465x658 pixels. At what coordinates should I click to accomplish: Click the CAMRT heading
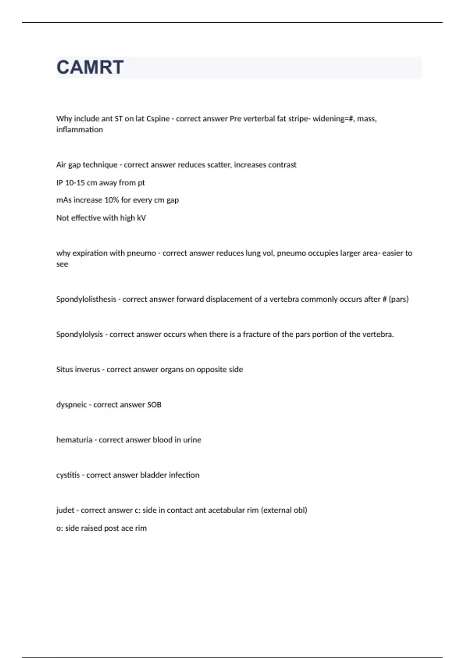tap(90, 67)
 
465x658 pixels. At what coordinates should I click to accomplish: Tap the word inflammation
tap(79, 130)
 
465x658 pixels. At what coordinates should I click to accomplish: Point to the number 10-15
tap(75, 183)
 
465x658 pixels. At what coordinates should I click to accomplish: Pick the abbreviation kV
tap(141, 218)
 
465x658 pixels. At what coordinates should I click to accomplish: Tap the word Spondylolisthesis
tap(86, 299)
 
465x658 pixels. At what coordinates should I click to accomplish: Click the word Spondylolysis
tap(79, 334)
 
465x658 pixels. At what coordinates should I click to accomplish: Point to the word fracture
tap(257, 334)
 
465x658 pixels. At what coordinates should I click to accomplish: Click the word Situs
tap(64, 370)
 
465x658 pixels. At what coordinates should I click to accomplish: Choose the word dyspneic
tap(71, 405)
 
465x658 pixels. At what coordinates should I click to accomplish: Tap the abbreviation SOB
tap(154, 405)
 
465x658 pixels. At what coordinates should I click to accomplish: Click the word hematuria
tap(74, 440)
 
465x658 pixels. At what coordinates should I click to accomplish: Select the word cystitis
tap(68, 475)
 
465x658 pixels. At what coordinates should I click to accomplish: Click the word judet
tap(65, 511)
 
